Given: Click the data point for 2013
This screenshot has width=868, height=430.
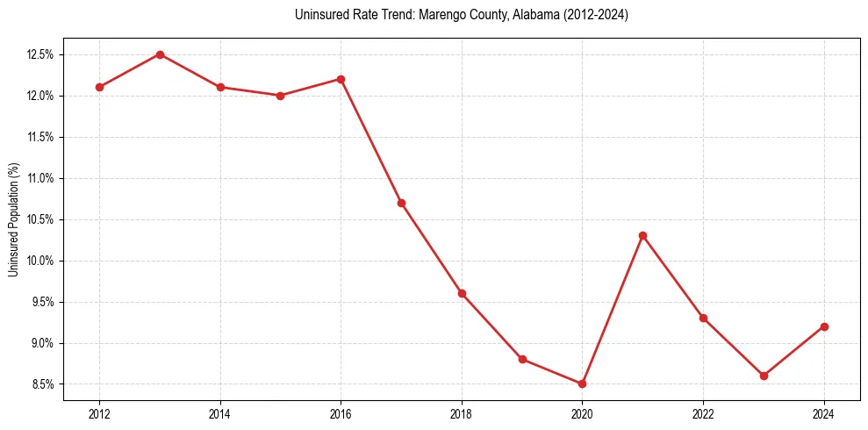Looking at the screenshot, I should [160, 54].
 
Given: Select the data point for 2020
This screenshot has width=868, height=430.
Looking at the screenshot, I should [582, 383].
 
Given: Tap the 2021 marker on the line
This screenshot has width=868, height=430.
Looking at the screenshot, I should [642, 235].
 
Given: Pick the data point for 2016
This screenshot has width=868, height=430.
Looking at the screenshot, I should [341, 79].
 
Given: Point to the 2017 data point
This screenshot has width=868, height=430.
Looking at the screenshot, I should [401, 203].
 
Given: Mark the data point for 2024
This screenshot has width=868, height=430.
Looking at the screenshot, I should [824, 326].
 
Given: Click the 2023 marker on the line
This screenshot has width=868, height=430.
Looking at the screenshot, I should [764, 376].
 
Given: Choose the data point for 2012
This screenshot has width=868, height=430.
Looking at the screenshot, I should [99, 87].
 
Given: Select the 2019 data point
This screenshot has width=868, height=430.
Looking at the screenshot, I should [522, 359].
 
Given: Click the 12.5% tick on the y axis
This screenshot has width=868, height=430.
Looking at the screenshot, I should [41, 54].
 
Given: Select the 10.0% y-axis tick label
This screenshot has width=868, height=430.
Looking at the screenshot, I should [41, 261].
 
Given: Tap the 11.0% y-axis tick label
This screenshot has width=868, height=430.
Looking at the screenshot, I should [41, 178].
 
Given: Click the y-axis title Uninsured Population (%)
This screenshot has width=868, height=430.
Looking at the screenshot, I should [13, 219].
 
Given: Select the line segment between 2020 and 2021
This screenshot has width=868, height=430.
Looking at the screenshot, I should [613, 309].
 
